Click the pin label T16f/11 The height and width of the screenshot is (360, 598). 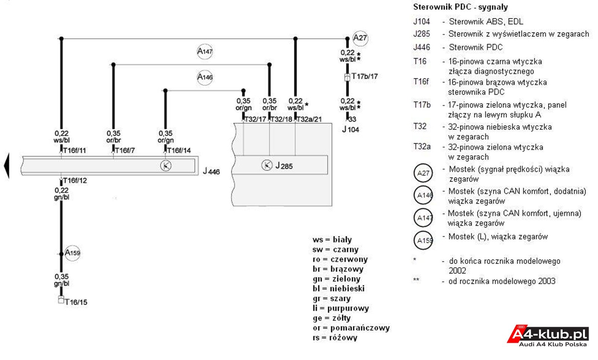pyautogui.click(x=74, y=151)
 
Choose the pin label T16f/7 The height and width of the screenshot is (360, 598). pyautogui.click(x=125, y=151)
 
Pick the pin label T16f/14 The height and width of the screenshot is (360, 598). pyautogui.click(x=179, y=151)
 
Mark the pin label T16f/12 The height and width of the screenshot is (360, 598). pyautogui.click(x=75, y=181)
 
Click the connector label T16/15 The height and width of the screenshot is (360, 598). pyautogui.click(x=76, y=302)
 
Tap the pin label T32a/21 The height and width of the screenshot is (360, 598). pyautogui.click(x=309, y=119)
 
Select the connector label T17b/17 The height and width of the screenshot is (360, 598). pyautogui.click(x=365, y=76)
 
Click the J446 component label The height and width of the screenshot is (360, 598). pyautogui.click(x=211, y=171)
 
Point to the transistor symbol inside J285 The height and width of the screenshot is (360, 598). pyautogui.click(x=267, y=165)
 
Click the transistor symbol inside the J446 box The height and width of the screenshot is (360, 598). pyautogui.click(x=166, y=166)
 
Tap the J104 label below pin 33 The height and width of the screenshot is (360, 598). pyautogui.click(x=351, y=130)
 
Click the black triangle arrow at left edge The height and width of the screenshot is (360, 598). pyautogui.click(x=7, y=166)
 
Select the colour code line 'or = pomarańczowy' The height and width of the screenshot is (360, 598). pyautogui.click(x=351, y=328)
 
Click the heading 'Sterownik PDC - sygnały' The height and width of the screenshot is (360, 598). pyautogui.click(x=460, y=7)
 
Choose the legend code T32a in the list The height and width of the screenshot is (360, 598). pyautogui.click(x=422, y=147)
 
